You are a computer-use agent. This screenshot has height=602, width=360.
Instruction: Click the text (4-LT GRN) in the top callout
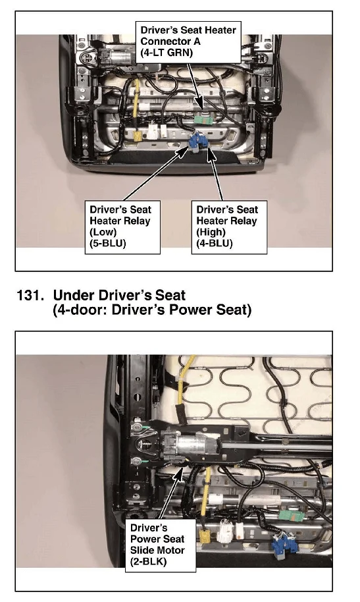(167, 52)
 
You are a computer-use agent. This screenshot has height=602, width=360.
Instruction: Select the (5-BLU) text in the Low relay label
(107, 243)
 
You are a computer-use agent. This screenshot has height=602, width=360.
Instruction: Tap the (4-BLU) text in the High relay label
(214, 243)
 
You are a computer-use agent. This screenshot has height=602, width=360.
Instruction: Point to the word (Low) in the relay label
(103, 232)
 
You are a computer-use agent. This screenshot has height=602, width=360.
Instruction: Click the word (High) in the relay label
(211, 232)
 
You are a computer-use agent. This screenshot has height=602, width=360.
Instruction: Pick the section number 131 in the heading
(29, 296)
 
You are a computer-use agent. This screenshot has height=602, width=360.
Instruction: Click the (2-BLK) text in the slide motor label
(148, 561)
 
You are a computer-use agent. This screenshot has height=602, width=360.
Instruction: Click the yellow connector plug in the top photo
(137, 135)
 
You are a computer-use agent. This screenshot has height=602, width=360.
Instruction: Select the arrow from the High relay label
(215, 175)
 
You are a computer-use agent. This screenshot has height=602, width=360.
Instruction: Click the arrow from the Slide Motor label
(171, 493)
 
